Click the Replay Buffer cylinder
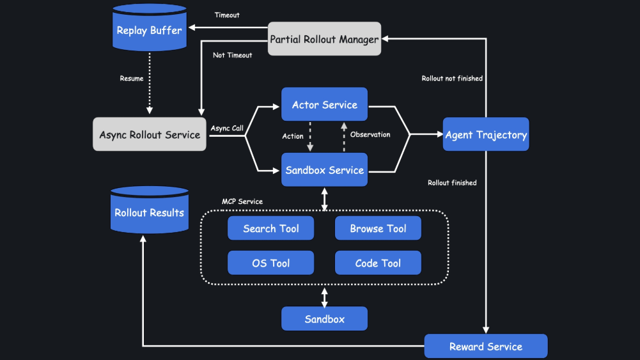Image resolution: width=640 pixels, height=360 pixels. point(150,27)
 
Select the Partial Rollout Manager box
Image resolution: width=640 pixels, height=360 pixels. point(325,39)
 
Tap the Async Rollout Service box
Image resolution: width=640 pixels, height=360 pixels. point(150,134)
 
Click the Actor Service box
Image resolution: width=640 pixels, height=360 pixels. point(325,104)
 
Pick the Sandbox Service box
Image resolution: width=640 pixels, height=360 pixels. point(325,170)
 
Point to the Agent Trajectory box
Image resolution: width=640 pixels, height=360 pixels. point(486,134)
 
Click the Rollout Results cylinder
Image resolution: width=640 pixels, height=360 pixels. point(150,210)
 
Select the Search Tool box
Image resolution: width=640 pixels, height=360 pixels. point(270,228)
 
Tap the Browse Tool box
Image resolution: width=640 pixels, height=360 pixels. point(378,228)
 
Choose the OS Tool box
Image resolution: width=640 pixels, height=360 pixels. point(270,263)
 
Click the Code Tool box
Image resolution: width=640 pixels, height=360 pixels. point(378,263)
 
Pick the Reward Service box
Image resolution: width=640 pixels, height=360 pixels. point(486,346)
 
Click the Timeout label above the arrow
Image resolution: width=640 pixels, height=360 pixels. point(227,15)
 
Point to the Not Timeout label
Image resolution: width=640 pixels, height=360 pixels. point(232,55)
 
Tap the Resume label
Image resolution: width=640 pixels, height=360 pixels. point(132,79)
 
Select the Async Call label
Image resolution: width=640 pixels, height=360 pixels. point(227,128)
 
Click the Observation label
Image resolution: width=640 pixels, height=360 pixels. point(370,134)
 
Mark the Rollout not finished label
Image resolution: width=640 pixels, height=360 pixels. point(452,79)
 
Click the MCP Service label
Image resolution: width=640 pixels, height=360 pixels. point(242,201)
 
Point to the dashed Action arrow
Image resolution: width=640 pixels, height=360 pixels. point(310,137)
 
